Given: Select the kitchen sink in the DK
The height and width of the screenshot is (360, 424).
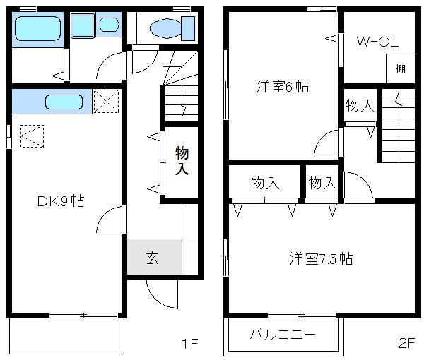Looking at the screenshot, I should click(x=64, y=102).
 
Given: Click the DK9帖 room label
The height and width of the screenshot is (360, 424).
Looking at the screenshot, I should click(x=61, y=201).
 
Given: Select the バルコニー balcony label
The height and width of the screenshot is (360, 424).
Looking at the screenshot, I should click(x=282, y=335).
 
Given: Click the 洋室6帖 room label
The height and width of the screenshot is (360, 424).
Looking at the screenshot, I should click(x=283, y=88).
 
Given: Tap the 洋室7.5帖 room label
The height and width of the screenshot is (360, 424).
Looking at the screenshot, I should click(x=321, y=258).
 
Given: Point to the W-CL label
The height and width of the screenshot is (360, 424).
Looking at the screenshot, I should click(x=377, y=42).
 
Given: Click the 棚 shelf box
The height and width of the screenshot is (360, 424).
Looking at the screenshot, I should click(x=401, y=69).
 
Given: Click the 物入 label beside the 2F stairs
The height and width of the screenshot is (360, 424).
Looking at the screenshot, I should click(x=360, y=106).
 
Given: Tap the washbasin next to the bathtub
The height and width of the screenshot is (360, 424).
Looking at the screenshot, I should click(x=109, y=25).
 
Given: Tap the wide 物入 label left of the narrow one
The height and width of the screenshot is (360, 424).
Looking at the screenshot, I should click(x=265, y=184).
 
